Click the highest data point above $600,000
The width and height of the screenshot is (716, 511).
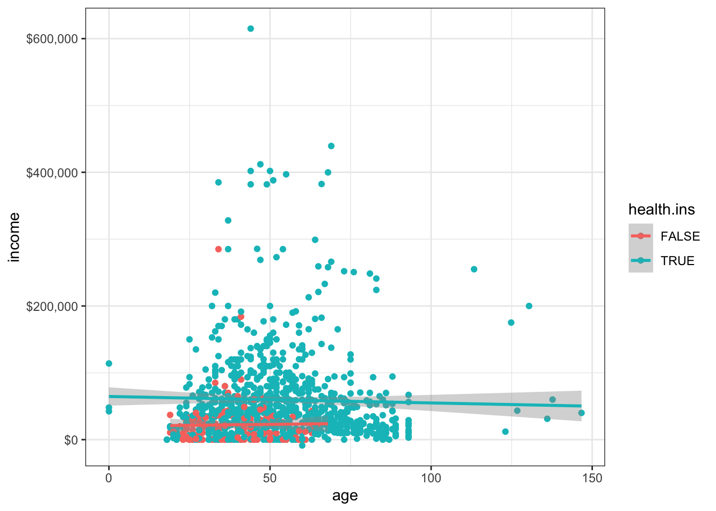250,29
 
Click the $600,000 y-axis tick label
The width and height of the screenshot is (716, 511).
52,39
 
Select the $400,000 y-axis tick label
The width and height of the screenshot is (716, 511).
52,172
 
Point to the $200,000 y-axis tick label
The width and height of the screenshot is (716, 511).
52,307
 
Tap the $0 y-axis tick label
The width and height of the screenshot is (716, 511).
71,440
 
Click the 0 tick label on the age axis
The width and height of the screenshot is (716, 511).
109,478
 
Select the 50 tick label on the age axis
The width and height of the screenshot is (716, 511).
270,478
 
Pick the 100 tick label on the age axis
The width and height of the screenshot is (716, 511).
430,478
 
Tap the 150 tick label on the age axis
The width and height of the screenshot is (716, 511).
592,478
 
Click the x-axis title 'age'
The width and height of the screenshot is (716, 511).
345,496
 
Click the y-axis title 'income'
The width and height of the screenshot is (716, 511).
14,237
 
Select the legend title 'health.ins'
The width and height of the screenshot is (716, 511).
661,210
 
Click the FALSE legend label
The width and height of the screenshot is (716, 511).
680,236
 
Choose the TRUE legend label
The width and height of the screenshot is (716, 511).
677,261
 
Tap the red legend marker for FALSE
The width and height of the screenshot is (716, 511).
640,236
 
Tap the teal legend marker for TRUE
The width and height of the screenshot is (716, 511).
640,261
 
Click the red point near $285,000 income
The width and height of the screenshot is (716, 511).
218,249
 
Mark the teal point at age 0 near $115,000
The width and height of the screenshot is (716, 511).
109,364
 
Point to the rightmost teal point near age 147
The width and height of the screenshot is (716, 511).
581,413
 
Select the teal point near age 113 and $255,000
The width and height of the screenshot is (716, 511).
474,269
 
